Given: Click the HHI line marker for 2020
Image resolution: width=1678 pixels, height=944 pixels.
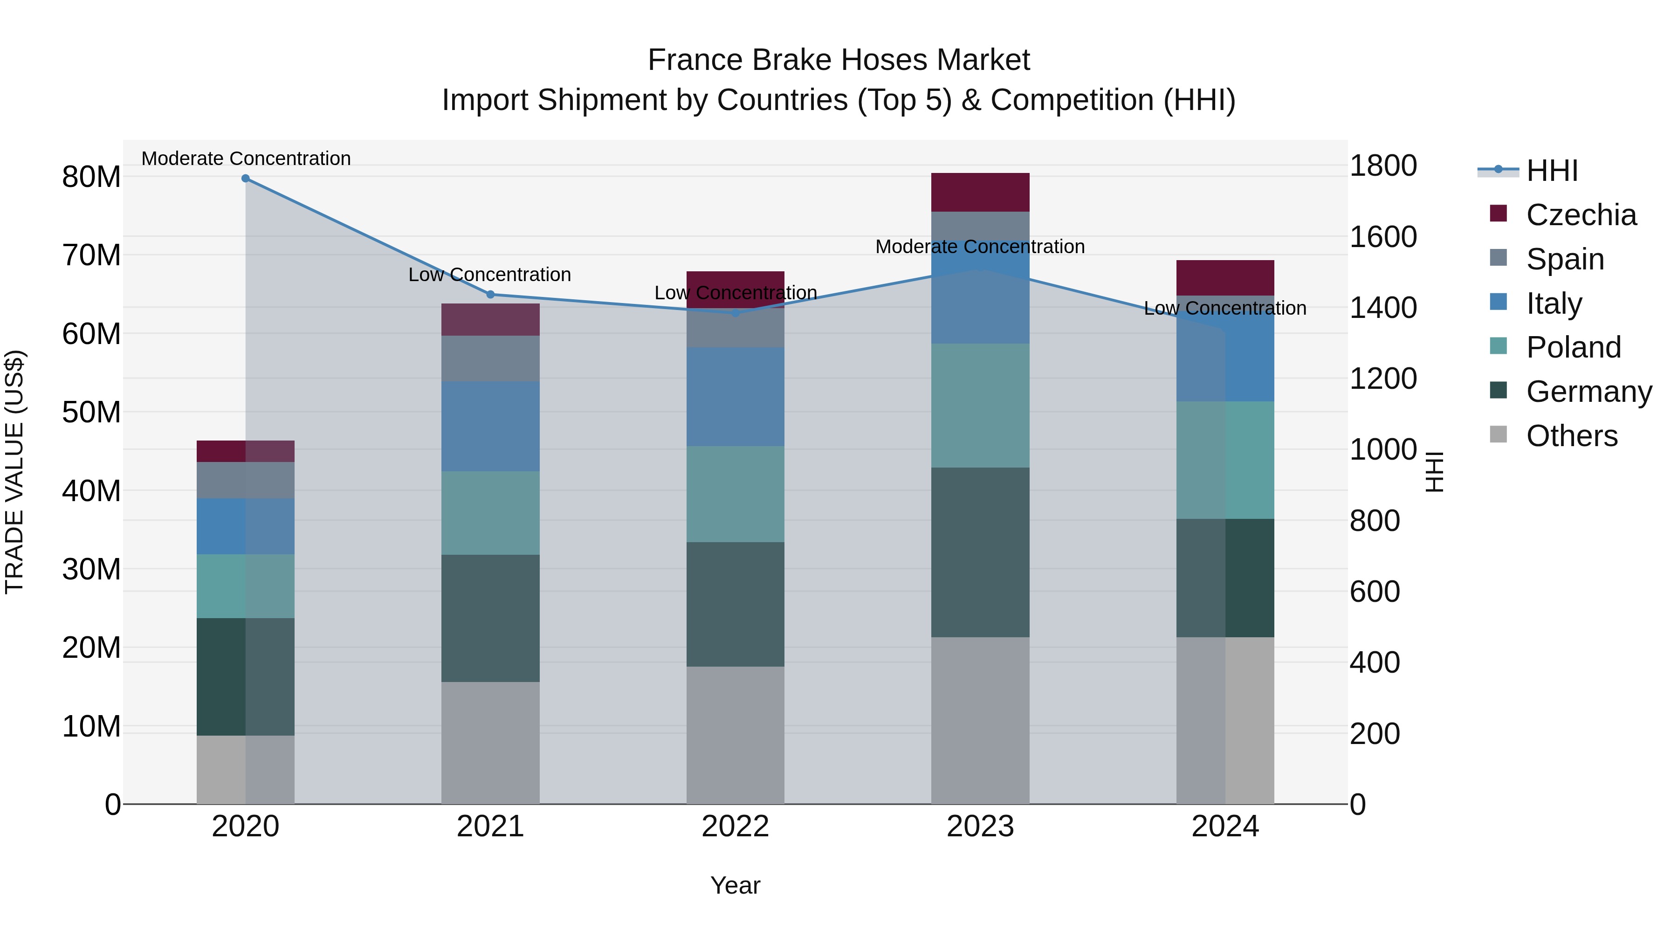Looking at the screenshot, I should tap(246, 179).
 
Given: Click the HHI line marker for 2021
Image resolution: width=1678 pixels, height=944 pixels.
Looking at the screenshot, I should tap(490, 295).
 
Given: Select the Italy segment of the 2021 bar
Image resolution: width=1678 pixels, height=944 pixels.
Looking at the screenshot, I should tap(490, 426).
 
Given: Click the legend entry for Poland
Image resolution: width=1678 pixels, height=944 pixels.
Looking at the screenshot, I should tap(1573, 347).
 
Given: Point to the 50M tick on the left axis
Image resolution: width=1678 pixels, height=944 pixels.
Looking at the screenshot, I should tap(91, 413).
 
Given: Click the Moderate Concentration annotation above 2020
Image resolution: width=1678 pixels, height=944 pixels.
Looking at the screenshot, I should tap(246, 158).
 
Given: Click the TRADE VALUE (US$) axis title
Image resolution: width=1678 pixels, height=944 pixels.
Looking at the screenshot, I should tap(14, 472).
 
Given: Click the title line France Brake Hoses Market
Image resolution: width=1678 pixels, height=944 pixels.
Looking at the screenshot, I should tap(839, 60).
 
